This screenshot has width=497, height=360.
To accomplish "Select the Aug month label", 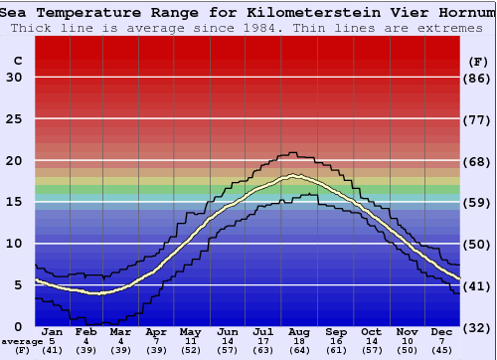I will pyautogui.click(x=300, y=331).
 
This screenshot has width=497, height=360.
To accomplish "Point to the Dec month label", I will pyautogui.click(x=442, y=331).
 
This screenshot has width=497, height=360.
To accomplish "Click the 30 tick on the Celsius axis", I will pyautogui.click(x=15, y=78).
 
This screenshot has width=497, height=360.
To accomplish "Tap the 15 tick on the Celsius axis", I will pyautogui.click(x=15, y=202).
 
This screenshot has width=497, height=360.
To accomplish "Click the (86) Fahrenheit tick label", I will pyautogui.click(x=478, y=78).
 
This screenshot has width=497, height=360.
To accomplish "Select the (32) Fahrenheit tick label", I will pyautogui.click(x=478, y=327).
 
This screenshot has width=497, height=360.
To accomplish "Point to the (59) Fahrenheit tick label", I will pyautogui.click(x=478, y=202).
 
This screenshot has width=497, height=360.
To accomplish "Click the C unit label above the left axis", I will pyautogui.click(x=17, y=61).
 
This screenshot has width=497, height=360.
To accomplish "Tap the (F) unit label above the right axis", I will pyautogui.click(x=478, y=61).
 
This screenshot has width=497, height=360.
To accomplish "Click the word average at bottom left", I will pyautogui.click(x=23, y=341).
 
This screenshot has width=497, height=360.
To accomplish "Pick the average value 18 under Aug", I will pyautogui.click(x=300, y=341).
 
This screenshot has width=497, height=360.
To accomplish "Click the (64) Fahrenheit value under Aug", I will pyautogui.click(x=300, y=351).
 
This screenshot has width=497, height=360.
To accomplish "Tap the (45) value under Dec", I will pyautogui.click(x=442, y=351).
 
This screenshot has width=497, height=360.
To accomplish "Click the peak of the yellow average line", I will pyautogui.click(x=294, y=176).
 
